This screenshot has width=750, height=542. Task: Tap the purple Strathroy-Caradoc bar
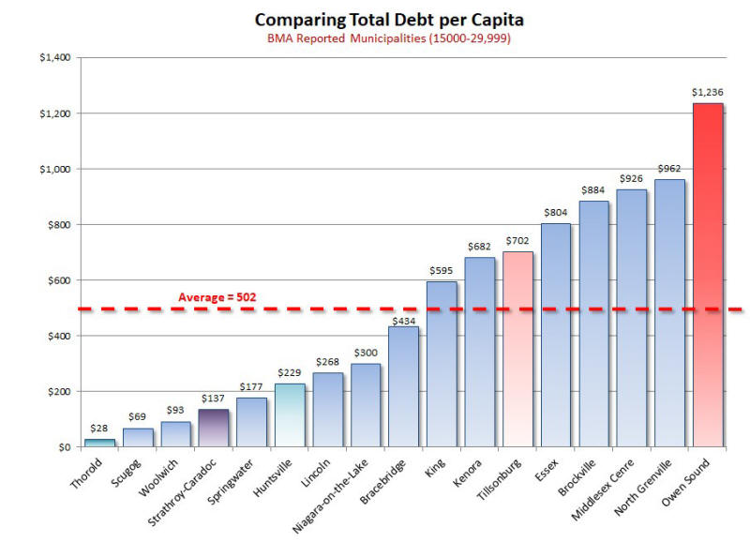coord(214,428)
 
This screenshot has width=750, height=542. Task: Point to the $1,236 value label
coord(708,92)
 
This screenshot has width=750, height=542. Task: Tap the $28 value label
coord(99,429)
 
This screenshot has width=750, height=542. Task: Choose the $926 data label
coord(632,178)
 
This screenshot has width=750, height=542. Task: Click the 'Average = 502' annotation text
coord(217,297)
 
